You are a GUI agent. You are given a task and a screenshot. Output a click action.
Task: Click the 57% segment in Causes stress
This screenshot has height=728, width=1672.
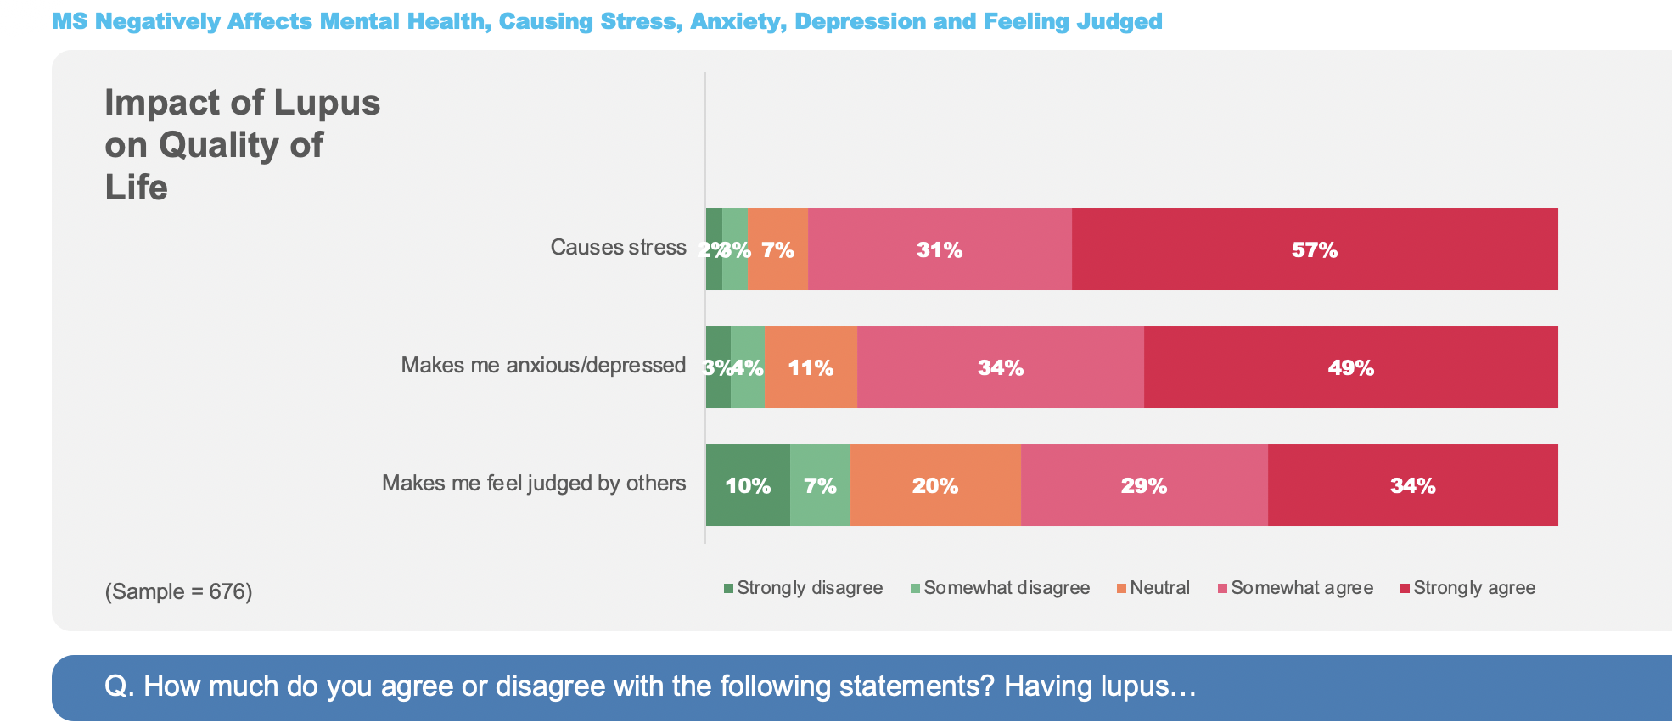click(1314, 249)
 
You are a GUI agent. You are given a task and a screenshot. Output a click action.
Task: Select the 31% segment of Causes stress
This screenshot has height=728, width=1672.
click(940, 249)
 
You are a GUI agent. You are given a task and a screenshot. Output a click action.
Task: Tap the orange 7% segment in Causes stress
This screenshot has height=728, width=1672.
click(777, 249)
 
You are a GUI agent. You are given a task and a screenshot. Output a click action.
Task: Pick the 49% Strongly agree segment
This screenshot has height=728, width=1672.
click(1350, 367)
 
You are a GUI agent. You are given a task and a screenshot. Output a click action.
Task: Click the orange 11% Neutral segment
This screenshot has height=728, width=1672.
click(811, 367)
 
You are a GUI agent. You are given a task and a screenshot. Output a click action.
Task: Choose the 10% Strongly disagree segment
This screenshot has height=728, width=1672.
click(748, 485)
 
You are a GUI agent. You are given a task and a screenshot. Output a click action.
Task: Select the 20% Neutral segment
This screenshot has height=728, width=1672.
click(935, 485)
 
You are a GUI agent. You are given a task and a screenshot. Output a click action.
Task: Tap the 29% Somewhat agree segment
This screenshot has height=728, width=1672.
click(1144, 485)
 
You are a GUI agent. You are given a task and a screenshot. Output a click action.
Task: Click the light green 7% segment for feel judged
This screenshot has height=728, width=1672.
click(820, 485)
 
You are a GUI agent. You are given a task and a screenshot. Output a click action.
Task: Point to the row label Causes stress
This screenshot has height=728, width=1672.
click(618, 248)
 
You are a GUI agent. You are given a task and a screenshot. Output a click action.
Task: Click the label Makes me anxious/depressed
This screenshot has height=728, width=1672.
click(543, 366)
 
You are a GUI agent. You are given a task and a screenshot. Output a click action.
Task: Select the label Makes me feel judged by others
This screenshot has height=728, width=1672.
click(534, 484)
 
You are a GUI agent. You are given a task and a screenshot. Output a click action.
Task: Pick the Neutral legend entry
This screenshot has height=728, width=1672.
click(1153, 588)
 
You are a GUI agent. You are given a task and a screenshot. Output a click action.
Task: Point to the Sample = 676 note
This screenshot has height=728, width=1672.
click(178, 591)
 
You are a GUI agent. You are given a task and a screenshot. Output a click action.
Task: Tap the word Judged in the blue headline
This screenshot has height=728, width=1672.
click(1119, 21)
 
